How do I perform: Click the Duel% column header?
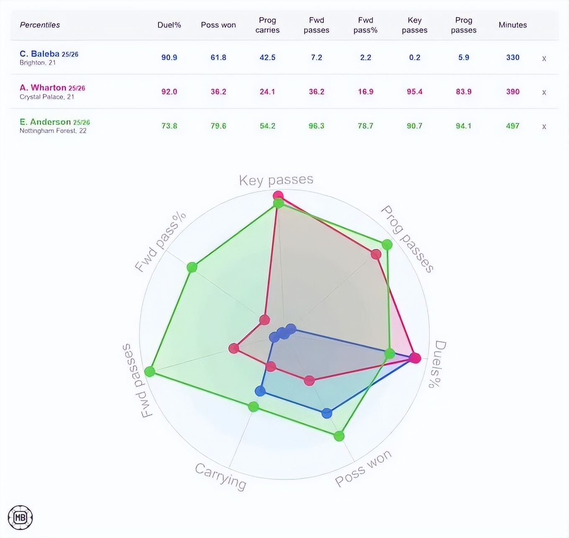tap(169, 25)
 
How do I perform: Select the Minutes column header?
tap(513, 25)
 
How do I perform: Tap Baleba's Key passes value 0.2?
tap(415, 58)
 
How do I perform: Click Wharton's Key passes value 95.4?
tap(415, 92)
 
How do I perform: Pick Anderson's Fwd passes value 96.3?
tap(316, 126)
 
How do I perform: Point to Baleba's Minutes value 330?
tap(513, 58)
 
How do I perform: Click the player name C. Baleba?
tap(39, 54)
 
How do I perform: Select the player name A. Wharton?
tap(43, 88)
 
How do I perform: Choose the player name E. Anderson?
tap(45, 122)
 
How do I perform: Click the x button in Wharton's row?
tap(544, 92)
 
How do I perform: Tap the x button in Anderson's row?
tap(544, 127)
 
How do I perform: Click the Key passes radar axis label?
tap(276, 180)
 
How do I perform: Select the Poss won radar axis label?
tap(363, 468)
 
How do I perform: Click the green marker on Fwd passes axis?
tap(149, 371)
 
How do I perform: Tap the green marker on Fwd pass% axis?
tap(192, 267)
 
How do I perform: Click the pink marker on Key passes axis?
tap(278, 196)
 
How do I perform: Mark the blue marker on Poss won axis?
tap(326, 413)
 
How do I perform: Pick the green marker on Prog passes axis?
tap(387, 245)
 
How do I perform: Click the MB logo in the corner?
tap(20, 518)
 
